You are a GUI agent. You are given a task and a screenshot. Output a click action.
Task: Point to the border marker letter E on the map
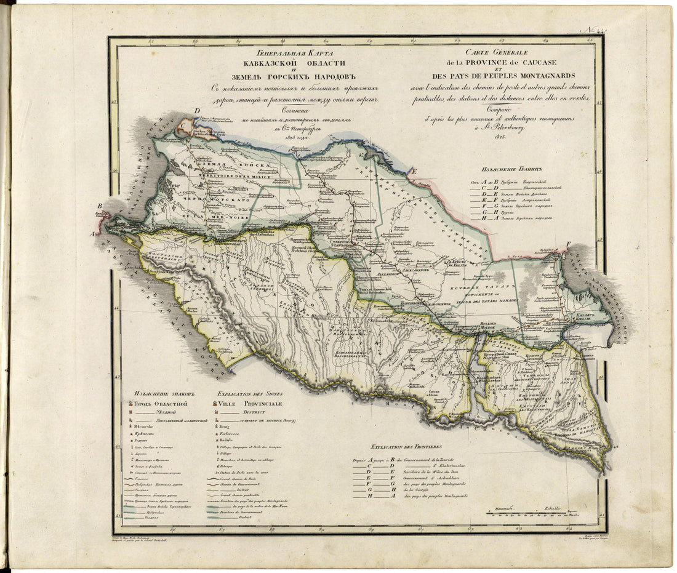(x=415, y=171)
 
